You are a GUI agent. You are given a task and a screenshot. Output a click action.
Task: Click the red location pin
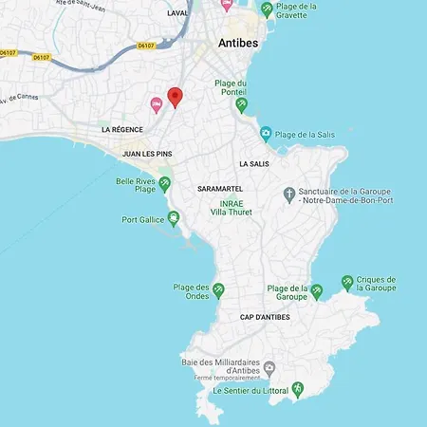pos(175,97)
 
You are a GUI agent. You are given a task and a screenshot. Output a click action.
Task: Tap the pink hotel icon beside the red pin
pos(157,104)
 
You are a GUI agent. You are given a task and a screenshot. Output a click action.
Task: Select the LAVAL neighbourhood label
pos(177,13)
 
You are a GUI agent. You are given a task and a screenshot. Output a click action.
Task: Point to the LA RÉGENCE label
pos(121,129)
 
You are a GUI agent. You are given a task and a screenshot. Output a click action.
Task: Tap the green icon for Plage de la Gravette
pos(268,9)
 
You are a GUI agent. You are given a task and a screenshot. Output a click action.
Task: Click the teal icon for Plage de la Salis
pos(266,134)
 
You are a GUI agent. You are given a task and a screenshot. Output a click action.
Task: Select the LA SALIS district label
pos(254,163)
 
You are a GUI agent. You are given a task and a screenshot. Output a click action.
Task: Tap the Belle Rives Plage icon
pos(165,183)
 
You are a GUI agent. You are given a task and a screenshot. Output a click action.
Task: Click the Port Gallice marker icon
pos(174,220)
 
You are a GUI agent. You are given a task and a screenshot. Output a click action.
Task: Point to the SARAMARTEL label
pos(220,189)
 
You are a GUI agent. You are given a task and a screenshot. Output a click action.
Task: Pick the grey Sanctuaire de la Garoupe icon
pos(289,195)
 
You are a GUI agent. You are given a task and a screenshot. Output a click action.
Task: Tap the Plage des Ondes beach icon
pos(219,289)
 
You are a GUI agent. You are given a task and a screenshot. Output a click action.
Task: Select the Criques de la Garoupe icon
pos(347,282)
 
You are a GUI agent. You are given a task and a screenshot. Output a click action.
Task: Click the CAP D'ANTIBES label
pos(265,317)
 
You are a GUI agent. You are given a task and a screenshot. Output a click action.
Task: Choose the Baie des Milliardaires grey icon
pos(269,367)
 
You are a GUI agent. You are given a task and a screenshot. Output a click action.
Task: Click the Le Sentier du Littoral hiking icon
pos(296,389)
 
